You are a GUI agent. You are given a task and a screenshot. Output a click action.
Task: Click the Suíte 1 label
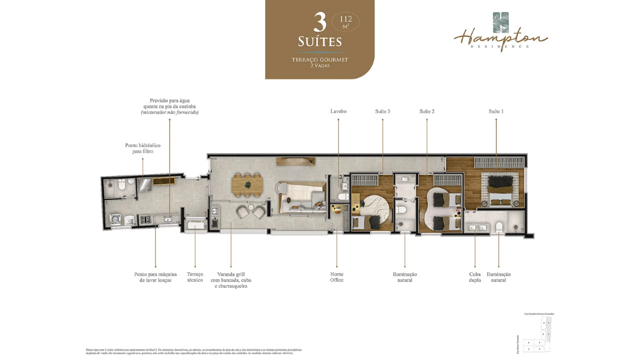point(495,111)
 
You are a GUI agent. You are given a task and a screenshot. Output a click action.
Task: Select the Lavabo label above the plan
point(338,111)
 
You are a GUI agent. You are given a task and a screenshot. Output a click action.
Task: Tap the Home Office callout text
point(336,277)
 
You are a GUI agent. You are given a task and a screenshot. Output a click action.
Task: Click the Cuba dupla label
point(474,277)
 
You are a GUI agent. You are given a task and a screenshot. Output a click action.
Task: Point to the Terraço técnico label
point(195,277)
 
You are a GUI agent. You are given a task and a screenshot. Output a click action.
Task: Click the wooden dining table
point(247,185)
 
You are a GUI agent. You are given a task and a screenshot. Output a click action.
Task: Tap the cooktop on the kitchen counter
point(147,219)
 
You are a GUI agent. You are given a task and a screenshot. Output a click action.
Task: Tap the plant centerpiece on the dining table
point(247,185)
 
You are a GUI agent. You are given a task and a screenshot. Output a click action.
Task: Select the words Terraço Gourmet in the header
point(319,60)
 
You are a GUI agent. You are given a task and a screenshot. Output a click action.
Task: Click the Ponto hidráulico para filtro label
point(142,148)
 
